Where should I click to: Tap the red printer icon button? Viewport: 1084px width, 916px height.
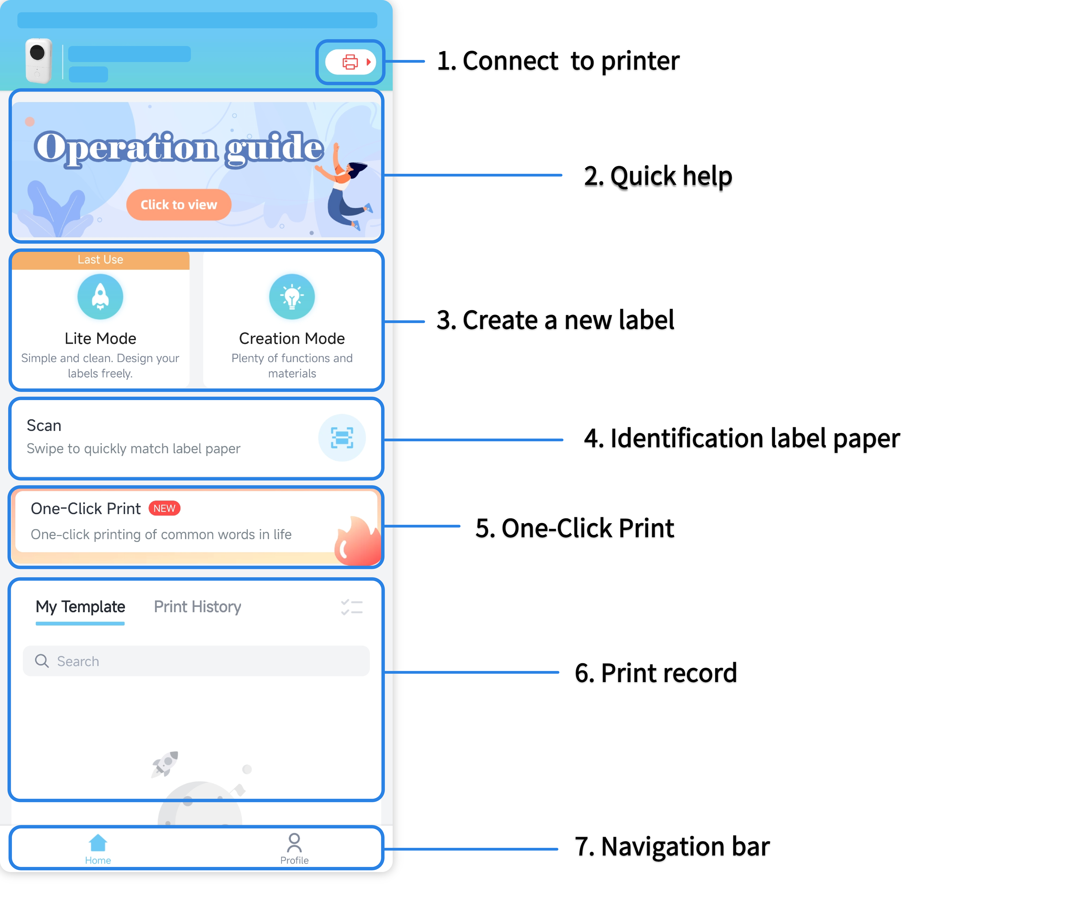(x=350, y=62)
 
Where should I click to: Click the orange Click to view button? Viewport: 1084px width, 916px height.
(x=179, y=205)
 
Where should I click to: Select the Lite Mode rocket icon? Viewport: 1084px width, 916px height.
(x=100, y=296)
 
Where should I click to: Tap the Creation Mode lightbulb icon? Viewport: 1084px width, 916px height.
(x=292, y=296)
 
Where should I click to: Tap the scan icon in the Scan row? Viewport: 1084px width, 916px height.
(x=342, y=438)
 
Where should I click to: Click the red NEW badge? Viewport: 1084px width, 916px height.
(x=165, y=508)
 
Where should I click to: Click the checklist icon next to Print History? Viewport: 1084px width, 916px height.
(x=352, y=607)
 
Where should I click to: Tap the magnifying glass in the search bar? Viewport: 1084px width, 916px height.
(x=42, y=661)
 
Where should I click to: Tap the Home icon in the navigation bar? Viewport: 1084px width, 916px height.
(x=98, y=842)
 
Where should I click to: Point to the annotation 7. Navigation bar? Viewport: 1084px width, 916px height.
(x=672, y=847)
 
